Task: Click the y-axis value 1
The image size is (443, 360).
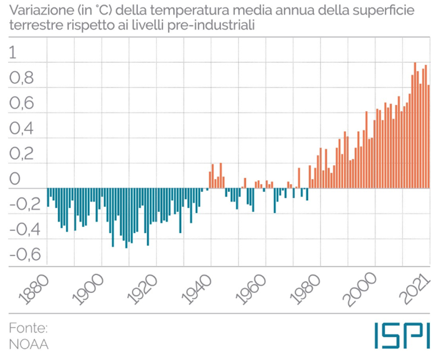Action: [14, 53]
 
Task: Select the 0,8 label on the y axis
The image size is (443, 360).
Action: [21, 79]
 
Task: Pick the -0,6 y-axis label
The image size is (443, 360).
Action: [24, 255]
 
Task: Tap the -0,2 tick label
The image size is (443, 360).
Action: [24, 205]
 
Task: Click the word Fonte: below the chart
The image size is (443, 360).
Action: [28, 329]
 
